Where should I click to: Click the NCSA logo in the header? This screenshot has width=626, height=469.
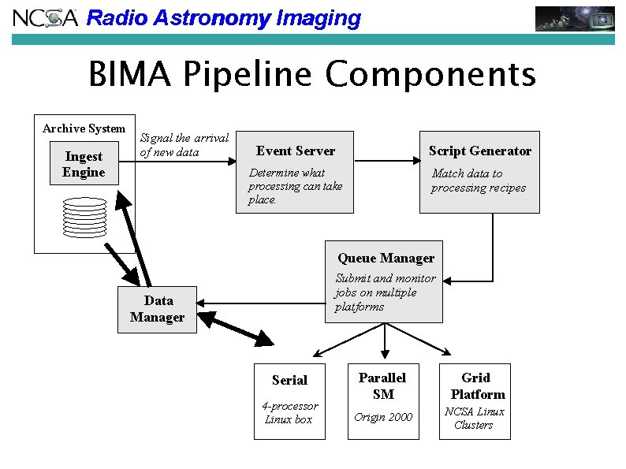point(45,18)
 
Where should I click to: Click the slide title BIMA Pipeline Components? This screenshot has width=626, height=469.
point(312,76)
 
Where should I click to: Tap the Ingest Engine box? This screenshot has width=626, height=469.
point(84,164)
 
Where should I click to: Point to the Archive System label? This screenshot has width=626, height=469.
point(84,128)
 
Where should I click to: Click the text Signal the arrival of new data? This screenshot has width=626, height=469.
point(184,145)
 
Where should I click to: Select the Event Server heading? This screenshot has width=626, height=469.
point(296,151)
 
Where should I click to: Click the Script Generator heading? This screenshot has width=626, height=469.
point(479,151)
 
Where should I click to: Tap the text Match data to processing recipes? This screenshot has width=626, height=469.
point(478,181)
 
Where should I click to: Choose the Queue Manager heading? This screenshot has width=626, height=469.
point(386,258)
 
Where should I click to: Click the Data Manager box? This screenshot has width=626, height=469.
point(157,309)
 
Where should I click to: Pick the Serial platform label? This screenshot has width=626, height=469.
point(289,380)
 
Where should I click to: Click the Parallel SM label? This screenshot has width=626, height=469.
point(382,385)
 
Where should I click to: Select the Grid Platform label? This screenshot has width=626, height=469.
point(476,385)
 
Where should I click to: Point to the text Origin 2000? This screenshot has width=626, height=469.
point(383,417)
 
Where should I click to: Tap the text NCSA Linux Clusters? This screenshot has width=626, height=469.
point(475,419)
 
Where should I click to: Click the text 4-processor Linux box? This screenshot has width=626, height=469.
point(289,413)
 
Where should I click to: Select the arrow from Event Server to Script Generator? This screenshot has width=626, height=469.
point(386,160)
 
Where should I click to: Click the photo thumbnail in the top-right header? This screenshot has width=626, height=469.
point(575,18)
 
